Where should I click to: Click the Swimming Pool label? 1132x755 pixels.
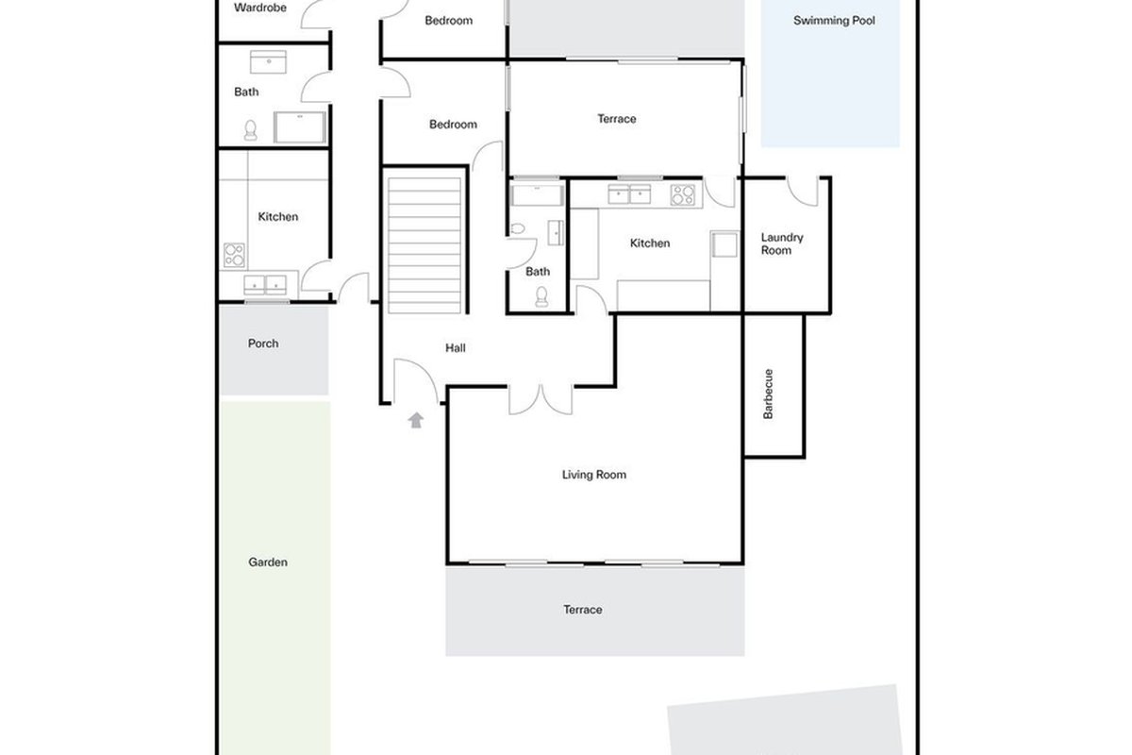click(x=834, y=21)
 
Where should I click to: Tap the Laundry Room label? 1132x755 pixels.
click(x=782, y=243)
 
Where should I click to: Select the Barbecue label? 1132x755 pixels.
click(x=768, y=394)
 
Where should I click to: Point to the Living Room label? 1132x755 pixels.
click(x=593, y=475)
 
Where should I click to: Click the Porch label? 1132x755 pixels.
click(x=263, y=344)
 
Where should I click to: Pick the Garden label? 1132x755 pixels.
click(x=268, y=562)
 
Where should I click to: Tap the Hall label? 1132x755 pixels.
click(x=456, y=348)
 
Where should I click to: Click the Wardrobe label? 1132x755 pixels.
click(x=260, y=8)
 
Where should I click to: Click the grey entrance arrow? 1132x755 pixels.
click(x=416, y=420)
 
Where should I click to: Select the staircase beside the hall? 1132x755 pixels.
click(x=424, y=245)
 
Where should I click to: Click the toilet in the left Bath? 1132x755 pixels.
click(x=250, y=130)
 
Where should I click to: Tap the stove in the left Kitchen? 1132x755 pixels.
click(x=235, y=255)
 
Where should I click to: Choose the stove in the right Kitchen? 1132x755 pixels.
click(x=683, y=195)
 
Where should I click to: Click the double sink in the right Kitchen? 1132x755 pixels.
click(x=629, y=194)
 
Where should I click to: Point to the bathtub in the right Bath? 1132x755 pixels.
click(x=537, y=195)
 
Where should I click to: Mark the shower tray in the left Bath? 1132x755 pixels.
click(x=300, y=126)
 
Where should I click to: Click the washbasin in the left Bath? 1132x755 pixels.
click(x=268, y=61)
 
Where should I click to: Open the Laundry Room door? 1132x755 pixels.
click(x=803, y=192)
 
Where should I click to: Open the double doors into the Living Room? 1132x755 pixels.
click(x=541, y=399)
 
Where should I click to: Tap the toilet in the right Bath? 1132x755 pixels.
click(x=541, y=297)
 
